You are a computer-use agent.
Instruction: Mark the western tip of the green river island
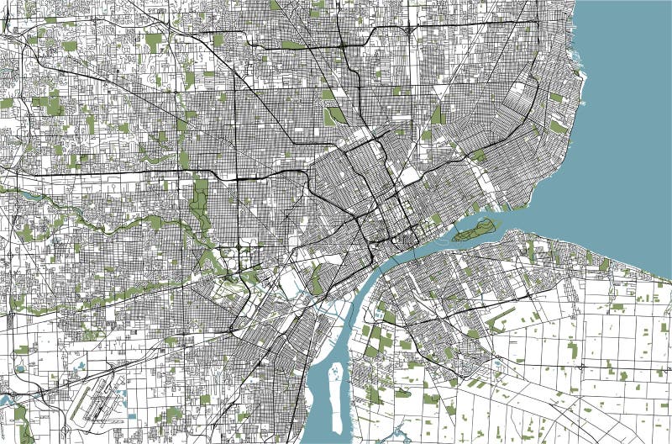pos(453,237)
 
